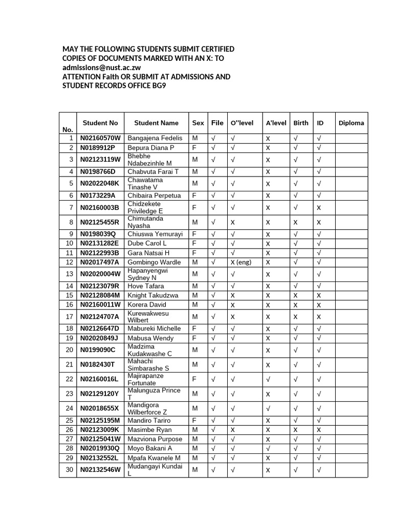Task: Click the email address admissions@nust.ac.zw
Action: pos(102,68)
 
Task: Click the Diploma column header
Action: pos(351,123)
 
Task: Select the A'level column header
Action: pos(276,123)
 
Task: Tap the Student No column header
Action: pos(100,123)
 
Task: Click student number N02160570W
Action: pos(100,139)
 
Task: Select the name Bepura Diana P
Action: pos(151,148)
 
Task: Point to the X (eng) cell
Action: pos(240,263)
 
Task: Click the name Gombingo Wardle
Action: pos(154,263)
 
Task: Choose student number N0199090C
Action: pos(98,350)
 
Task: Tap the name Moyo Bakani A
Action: pos(150,448)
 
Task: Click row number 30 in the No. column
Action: pos(69,470)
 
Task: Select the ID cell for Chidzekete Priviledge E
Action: pos(319,208)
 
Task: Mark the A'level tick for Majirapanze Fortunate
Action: pos(268,379)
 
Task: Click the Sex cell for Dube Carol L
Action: pos(194,244)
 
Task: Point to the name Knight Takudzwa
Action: pos(153,296)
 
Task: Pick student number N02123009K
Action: pos(99,430)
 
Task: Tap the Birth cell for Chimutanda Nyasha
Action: pos(295,223)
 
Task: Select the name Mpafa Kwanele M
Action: pos(154,458)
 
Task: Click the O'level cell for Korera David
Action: pos(233,305)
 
